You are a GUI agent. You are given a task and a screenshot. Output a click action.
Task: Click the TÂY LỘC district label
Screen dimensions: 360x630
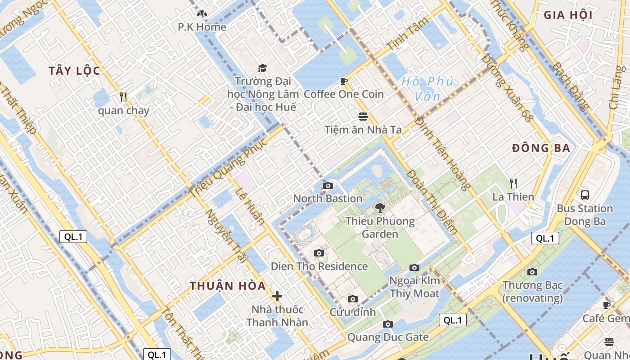pos(74,71)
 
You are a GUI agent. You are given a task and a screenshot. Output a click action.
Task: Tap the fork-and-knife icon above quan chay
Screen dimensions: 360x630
pos(123,97)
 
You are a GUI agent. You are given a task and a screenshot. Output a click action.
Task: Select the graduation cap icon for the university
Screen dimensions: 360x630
pos(262,68)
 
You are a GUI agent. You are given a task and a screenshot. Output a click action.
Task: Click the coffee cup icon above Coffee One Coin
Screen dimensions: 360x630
pos(344,81)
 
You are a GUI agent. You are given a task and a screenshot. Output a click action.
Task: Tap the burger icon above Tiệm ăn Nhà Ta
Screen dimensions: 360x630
pos(363,117)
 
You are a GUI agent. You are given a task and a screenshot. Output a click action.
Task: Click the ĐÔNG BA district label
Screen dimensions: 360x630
pos(541,148)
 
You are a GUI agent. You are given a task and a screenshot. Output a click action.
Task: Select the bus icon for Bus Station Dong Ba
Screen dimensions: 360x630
pos(585,195)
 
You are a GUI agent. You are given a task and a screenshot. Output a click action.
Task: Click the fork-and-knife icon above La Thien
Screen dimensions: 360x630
pos(513,183)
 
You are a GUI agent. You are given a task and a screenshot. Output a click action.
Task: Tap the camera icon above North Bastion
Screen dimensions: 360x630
pos(328,185)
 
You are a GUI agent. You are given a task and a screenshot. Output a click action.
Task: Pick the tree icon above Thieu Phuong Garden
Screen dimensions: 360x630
pos(380,207)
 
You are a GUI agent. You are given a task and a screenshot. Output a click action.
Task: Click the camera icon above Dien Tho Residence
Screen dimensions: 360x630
pos(319,253)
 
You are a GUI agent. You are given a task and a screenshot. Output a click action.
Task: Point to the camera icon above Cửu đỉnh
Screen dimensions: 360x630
pos(353,299)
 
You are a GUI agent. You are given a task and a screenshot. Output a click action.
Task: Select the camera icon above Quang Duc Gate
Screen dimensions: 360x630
pos(387,324)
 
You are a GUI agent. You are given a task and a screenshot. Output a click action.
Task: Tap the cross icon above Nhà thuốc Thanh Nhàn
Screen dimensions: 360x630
pos(277,296)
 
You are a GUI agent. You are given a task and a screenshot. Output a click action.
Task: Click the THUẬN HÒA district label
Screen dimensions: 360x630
pos(228,286)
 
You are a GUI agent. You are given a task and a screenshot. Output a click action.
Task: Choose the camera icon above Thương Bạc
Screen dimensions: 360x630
pos(532,272)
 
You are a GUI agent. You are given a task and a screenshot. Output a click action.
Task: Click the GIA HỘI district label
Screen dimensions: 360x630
pos(568,15)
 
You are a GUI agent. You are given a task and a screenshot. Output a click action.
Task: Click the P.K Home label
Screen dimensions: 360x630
pos(202,27)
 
